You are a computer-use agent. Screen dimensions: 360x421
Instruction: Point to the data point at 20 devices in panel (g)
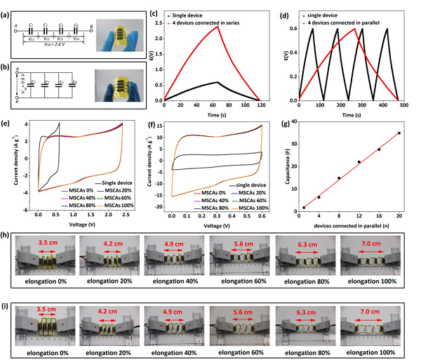399,133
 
